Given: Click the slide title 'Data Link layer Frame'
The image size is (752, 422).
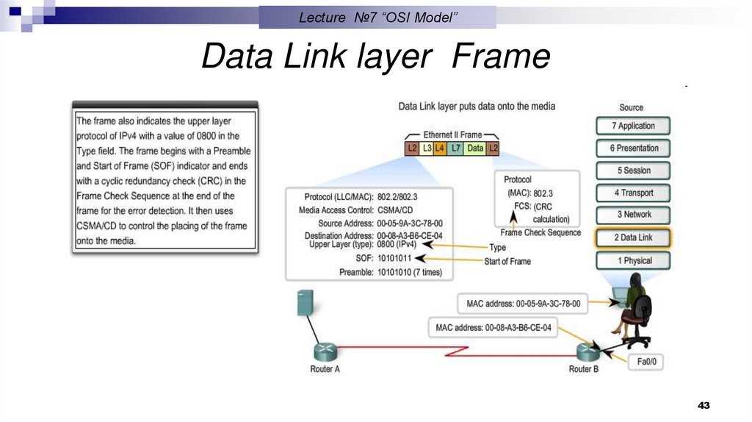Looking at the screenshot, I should [375, 57].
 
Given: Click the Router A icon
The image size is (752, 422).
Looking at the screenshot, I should [324, 351].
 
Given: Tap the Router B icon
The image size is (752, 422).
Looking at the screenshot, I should [584, 352].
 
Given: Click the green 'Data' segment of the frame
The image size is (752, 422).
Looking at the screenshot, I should [475, 149].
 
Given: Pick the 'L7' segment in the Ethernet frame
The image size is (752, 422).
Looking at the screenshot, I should [456, 149].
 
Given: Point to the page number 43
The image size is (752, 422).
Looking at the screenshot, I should [704, 406].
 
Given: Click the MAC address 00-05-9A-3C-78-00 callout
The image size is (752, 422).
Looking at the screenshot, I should [523, 303].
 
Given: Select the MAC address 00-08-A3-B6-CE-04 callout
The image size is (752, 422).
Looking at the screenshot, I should [493, 327].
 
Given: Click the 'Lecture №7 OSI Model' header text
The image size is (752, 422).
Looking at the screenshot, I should [378, 18].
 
